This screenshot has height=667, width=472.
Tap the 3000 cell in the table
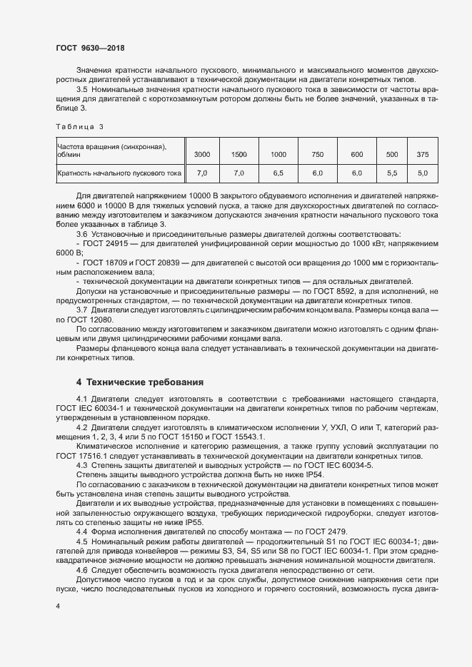coord(202,154)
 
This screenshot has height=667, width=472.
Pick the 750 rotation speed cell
coord(318,154)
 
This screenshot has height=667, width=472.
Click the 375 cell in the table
coord(422,154)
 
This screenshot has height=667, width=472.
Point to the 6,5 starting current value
coord(278,173)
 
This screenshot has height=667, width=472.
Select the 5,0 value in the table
coord(422,173)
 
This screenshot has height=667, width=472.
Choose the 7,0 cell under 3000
coord(202,173)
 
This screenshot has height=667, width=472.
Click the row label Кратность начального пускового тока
coord(119,173)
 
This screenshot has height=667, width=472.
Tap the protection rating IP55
coord(194,521)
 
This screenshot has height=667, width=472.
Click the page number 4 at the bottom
coord(58,606)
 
